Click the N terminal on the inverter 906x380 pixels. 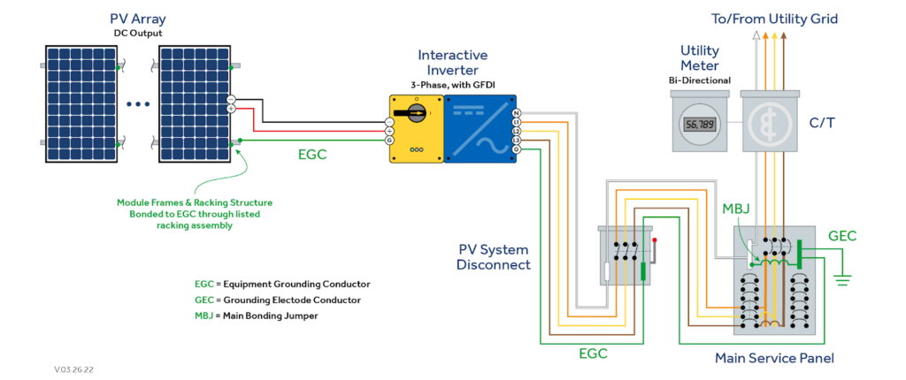[517, 112]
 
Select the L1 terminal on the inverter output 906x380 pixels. [517, 122]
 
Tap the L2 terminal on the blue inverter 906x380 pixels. [517, 131]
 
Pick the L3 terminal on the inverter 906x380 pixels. [517, 140]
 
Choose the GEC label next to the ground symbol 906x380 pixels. [841, 237]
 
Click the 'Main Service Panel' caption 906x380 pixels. [774, 358]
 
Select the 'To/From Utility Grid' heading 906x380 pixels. [773, 19]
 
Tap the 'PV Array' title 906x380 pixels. [137, 19]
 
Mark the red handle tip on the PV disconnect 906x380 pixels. [654, 239]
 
